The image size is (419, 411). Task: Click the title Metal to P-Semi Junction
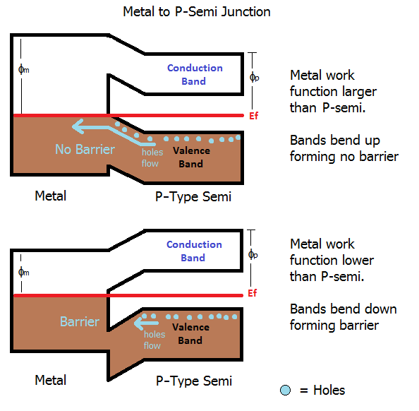196,12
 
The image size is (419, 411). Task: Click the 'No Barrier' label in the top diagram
85,149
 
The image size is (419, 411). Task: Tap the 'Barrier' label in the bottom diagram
79,321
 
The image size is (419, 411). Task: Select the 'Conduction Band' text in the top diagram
195,74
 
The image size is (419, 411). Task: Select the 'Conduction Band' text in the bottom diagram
194,251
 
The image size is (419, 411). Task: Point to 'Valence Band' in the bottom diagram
190,333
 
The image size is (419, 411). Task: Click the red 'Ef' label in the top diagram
255,115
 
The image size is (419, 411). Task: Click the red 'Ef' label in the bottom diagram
255,292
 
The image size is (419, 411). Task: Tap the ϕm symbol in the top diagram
23,69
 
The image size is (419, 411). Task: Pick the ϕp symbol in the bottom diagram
255,254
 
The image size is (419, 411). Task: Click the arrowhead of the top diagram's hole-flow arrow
77,126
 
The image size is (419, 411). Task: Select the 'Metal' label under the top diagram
51,196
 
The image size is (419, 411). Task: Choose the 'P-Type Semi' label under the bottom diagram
193,381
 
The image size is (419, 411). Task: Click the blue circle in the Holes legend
284,390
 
